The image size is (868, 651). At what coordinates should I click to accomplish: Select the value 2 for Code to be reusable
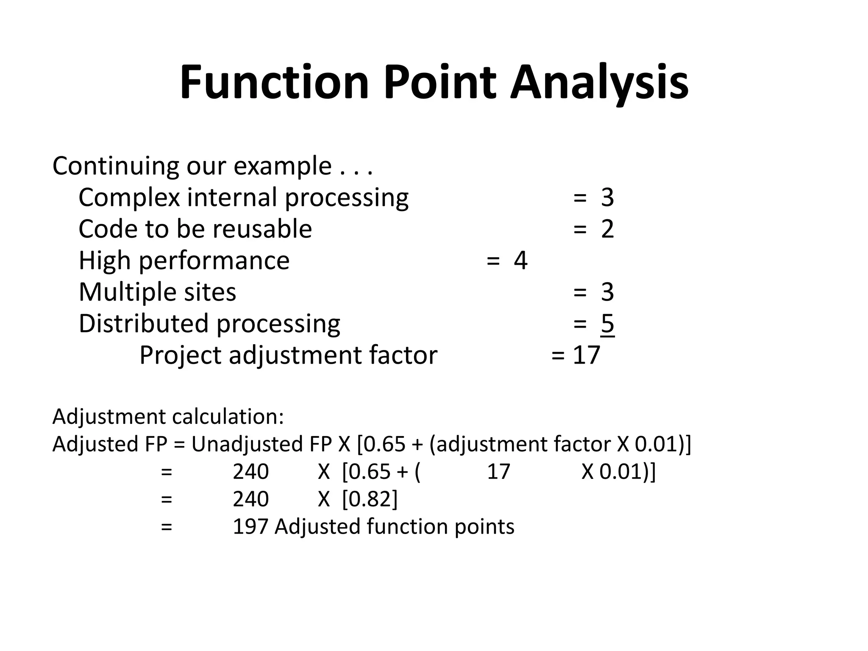(x=607, y=229)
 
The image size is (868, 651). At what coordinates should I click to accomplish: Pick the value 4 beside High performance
(x=520, y=261)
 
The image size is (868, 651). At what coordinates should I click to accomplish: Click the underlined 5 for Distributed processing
(x=607, y=324)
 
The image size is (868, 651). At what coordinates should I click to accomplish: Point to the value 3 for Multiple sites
(x=607, y=292)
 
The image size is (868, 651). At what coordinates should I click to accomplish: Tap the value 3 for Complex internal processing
(x=607, y=198)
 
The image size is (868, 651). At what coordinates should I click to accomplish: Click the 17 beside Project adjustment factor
(x=587, y=355)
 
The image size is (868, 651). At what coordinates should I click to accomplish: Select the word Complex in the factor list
(x=129, y=198)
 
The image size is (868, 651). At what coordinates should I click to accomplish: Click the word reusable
(x=262, y=229)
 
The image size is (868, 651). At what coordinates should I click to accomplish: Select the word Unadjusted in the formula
(x=248, y=445)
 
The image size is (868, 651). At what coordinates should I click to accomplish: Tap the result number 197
(x=250, y=527)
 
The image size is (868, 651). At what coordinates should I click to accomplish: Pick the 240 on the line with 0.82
(x=250, y=499)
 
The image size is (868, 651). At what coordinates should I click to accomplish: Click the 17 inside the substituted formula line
(x=498, y=472)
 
